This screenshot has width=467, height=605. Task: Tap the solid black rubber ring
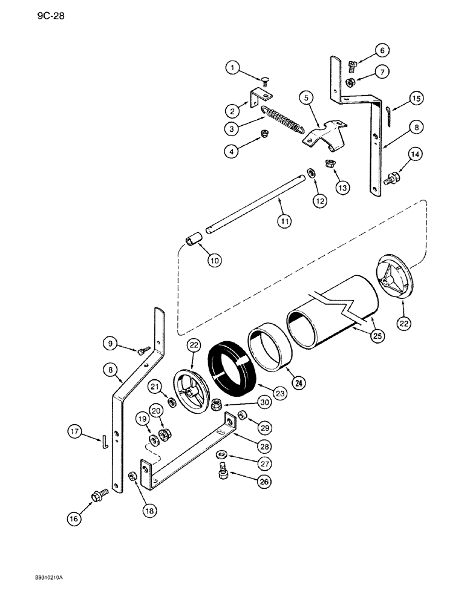tap(234, 367)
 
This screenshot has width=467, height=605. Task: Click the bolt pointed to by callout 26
tap(221, 471)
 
